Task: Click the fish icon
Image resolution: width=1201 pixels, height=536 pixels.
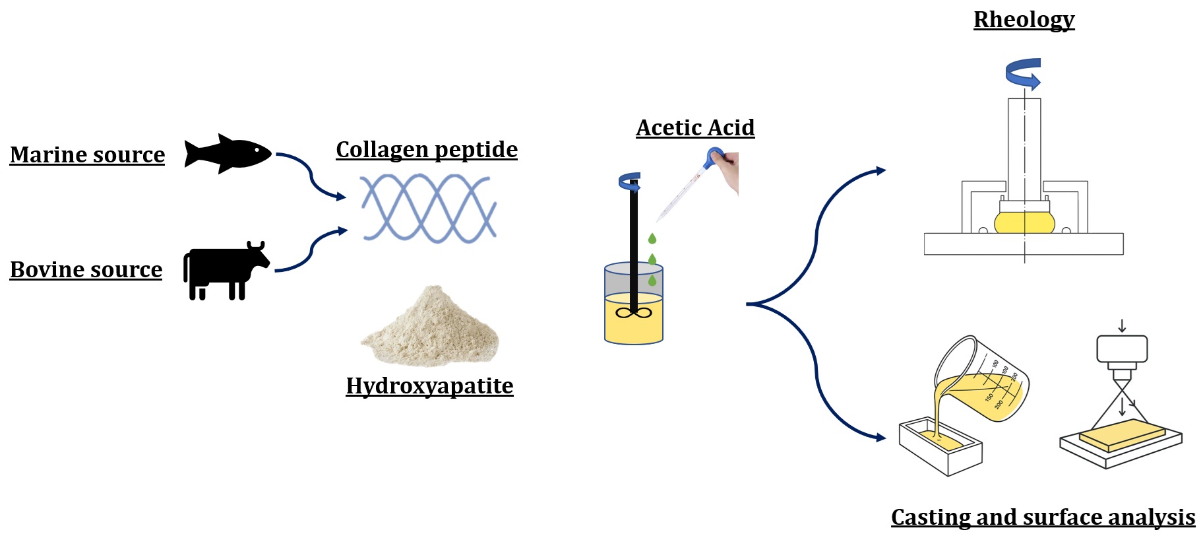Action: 228,153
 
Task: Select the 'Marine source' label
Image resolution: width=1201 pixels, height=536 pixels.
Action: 87,154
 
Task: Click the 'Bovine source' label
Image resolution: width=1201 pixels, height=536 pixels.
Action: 86,269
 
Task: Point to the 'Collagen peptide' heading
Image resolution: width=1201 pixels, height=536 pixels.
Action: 427,150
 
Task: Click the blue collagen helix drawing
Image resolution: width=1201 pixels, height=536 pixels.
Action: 429,207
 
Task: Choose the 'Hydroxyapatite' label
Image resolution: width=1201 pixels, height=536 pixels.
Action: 429,385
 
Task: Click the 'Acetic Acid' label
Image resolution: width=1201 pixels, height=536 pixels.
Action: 695,127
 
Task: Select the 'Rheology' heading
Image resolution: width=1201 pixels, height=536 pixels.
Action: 1024,20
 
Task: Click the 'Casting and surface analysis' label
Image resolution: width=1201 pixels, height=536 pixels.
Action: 1043,517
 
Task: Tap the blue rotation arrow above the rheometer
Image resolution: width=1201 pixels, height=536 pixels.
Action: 1024,74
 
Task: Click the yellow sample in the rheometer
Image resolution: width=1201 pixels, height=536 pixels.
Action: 1024,223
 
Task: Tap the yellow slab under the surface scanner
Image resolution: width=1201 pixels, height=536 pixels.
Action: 1122,435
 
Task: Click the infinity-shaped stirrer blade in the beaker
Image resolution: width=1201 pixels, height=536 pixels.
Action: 633,313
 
